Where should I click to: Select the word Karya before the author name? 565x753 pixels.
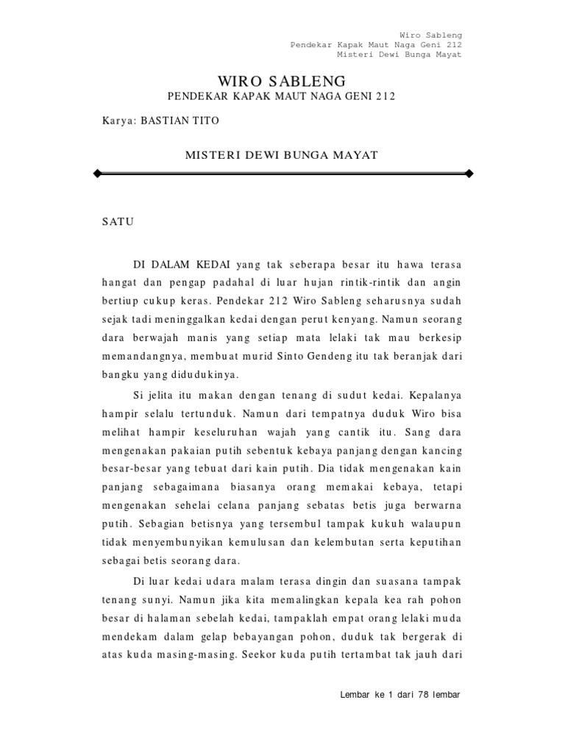click(118, 121)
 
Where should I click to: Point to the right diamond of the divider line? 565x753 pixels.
click(470, 174)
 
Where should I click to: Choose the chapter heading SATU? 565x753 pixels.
click(118, 221)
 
